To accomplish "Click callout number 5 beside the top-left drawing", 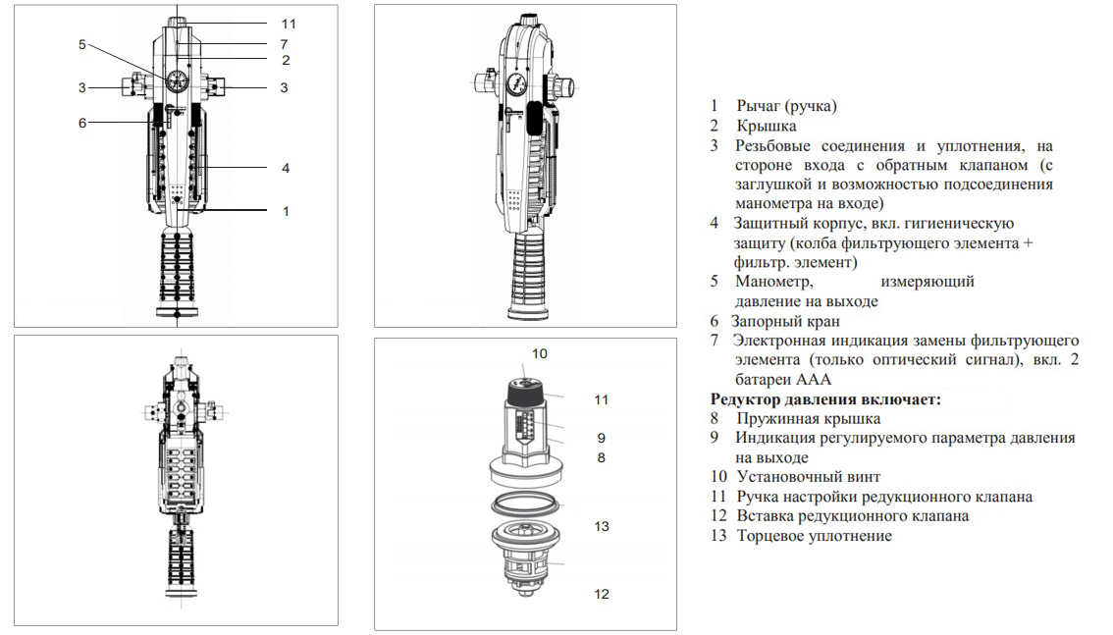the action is point(82,45).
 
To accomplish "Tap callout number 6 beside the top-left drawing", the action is point(82,123).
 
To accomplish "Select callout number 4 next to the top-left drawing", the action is point(286,168).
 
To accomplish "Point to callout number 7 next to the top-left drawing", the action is point(284,44).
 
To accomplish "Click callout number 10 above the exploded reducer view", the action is point(540,353).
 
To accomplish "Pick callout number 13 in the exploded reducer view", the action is point(602,526).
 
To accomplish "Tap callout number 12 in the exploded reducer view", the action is point(602,594).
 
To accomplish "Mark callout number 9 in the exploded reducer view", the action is point(602,438).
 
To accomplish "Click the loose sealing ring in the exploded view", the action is point(525,505).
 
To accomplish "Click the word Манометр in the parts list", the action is point(773,282).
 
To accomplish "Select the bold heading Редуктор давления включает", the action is point(825,398).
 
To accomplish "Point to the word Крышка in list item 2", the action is point(767,127).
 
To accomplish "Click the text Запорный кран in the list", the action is point(785,321).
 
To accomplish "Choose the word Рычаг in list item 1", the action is point(758,106).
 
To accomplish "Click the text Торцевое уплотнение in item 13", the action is point(815,536).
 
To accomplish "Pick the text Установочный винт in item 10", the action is point(809,477).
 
